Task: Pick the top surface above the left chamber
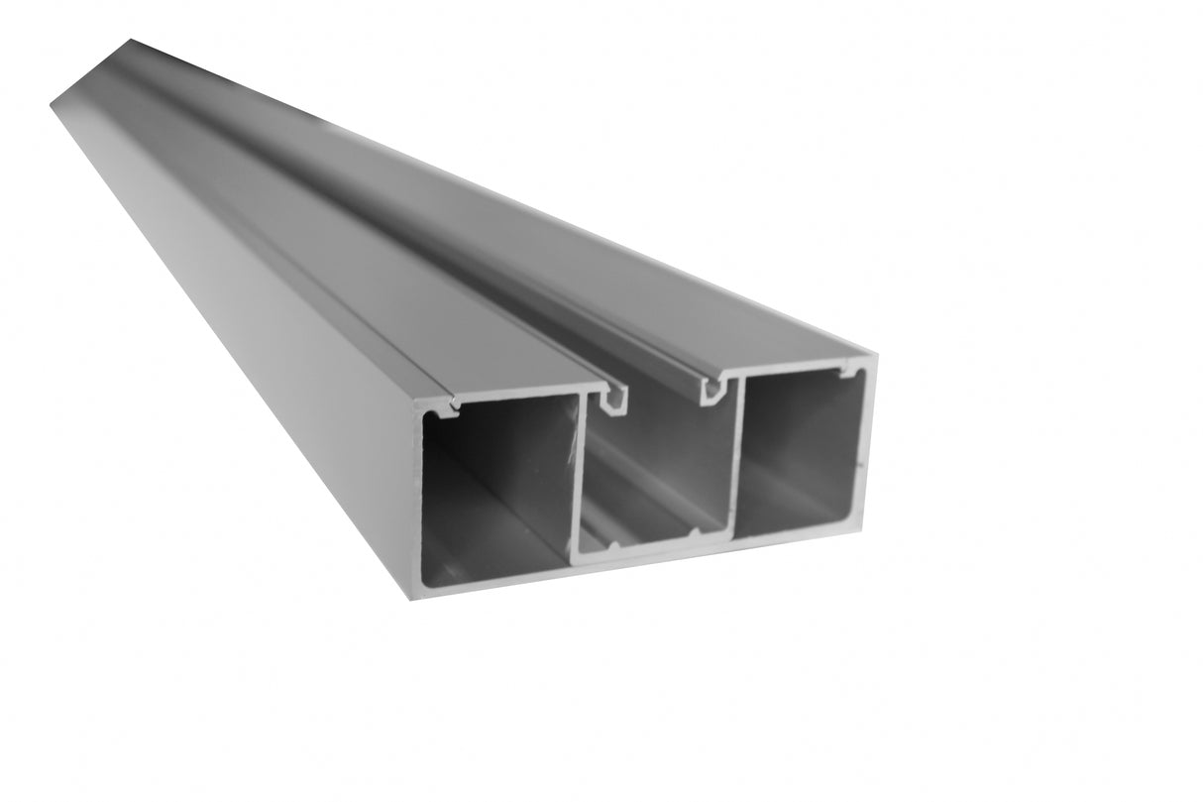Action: click(396, 297)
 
